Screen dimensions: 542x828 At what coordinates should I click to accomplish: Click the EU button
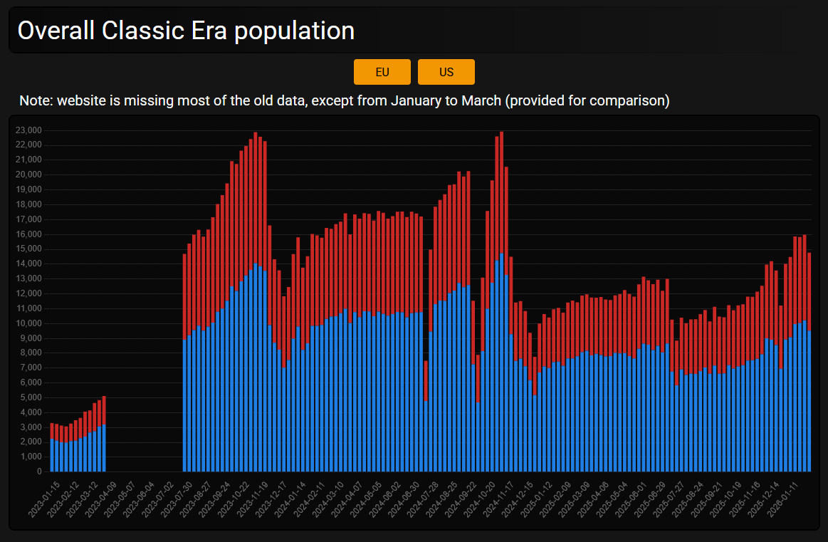point(382,72)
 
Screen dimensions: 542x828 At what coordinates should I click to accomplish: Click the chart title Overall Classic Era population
point(186,31)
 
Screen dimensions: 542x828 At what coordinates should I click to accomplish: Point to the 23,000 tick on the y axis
point(29,130)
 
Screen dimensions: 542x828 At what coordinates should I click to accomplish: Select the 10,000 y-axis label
point(29,323)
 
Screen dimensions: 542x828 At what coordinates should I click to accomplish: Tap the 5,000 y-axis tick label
point(31,397)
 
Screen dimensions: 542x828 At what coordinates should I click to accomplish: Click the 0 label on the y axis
point(39,471)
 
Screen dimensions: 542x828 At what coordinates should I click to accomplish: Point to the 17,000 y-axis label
point(29,219)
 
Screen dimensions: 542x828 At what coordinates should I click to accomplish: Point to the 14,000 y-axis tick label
point(29,264)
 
